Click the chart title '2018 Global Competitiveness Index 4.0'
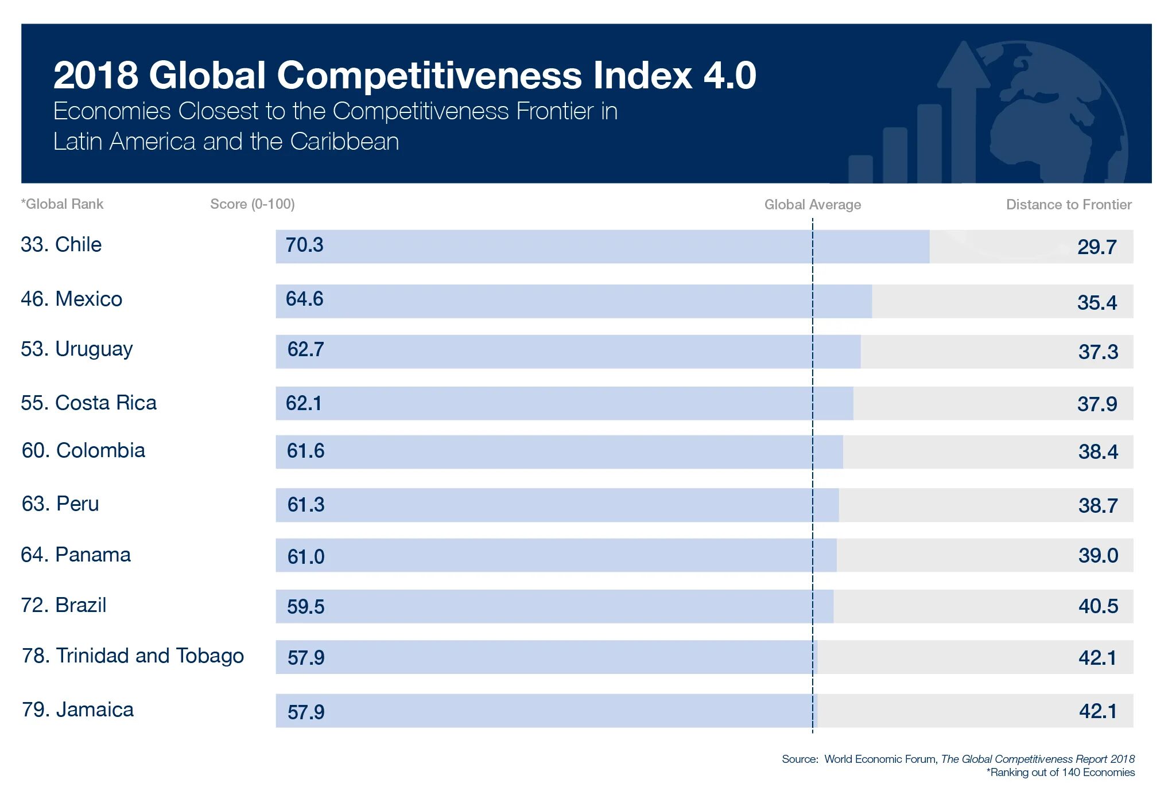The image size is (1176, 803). pos(405,75)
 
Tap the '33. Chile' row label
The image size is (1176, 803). pos(61,245)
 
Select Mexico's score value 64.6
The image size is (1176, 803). pos(305,299)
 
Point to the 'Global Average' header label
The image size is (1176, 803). pos(812,205)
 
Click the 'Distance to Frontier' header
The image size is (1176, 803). pos(1068,205)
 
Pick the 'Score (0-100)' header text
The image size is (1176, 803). pos(253,204)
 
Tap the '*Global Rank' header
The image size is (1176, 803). pos(62,204)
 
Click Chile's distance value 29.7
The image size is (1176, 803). pos(1096,247)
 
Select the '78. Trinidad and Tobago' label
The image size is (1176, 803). pos(133,656)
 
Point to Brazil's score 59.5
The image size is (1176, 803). pos(305,607)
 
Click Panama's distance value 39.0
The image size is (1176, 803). pos(1098,555)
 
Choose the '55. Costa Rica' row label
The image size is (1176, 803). pos(88,403)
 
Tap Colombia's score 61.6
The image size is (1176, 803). pos(305,451)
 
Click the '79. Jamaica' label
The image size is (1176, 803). pos(77,710)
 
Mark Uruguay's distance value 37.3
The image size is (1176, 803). pos(1098,352)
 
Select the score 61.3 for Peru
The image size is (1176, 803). pos(306,505)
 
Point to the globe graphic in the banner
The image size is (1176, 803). pos(1056,115)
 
